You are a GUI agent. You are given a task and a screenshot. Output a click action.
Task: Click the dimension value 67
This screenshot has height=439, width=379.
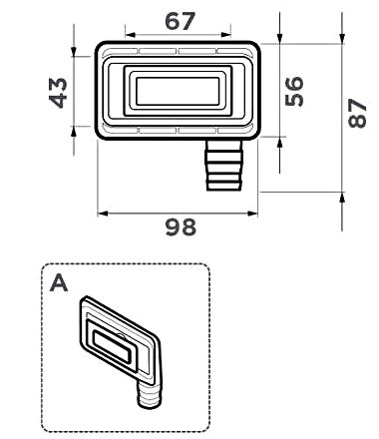pyautogui.click(x=181, y=21)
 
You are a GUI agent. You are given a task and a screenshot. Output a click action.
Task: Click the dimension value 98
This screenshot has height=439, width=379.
pyautogui.click(x=181, y=227)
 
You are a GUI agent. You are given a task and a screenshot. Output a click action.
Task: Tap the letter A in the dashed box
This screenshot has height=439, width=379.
pyautogui.click(x=59, y=284)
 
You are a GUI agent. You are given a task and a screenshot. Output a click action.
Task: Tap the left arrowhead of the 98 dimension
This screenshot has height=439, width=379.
pyautogui.click(x=102, y=211)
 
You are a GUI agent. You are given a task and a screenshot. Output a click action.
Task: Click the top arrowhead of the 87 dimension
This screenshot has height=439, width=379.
pyautogui.click(x=342, y=46)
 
